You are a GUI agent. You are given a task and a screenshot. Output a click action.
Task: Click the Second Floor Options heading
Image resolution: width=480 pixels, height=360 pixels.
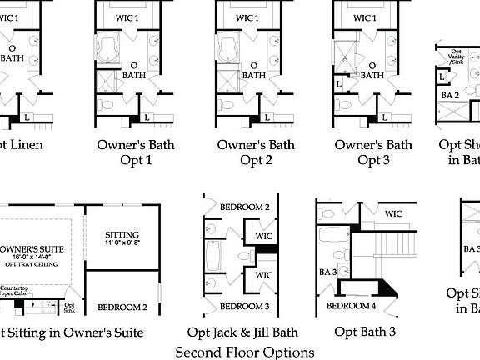(x=245, y=352)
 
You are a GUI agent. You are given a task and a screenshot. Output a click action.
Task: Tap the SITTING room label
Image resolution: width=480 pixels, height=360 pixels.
(x=122, y=234)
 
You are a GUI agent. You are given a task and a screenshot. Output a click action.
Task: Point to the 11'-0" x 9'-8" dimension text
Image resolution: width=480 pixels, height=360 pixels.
(x=122, y=244)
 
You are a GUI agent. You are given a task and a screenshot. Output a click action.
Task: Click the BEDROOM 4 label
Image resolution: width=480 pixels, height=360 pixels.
(x=351, y=306)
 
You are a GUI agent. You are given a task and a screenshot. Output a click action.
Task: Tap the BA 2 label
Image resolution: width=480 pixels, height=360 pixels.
(x=451, y=96)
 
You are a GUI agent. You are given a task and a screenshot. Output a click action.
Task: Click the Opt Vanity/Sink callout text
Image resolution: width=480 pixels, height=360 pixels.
(x=457, y=56)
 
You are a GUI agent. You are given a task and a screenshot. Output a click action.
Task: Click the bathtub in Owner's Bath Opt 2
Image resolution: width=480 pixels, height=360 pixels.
(x=228, y=49)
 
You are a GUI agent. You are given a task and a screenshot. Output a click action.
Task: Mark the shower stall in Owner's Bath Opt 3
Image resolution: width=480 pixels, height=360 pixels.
(x=345, y=52)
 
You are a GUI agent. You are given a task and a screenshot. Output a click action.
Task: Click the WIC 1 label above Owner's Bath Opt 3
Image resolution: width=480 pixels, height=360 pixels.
(x=364, y=17)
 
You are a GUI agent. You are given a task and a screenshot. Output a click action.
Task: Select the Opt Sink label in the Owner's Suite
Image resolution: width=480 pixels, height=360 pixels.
(x=69, y=307)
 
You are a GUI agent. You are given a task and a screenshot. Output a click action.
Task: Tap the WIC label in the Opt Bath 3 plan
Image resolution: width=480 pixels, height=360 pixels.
(x=393, y=214)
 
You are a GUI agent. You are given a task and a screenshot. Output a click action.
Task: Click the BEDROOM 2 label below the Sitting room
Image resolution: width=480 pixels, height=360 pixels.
(x=122, y=307)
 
